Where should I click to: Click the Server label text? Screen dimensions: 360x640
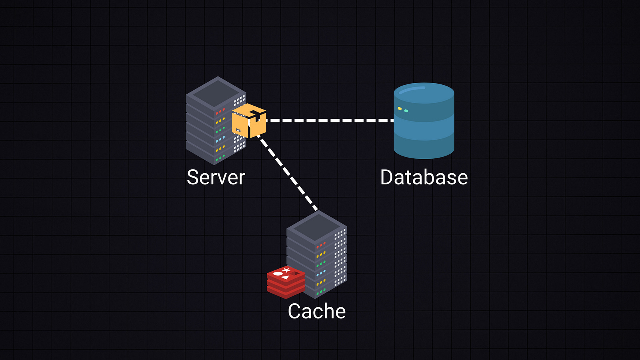216,177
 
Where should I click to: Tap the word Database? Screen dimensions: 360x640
424,177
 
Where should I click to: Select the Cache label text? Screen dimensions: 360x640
316,311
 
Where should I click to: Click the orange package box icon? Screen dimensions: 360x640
249,121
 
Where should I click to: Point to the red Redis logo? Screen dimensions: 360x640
286,282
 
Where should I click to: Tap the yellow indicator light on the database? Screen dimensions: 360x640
400,108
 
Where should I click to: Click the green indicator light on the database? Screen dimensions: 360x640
406,111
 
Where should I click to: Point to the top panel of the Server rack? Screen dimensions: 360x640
216,92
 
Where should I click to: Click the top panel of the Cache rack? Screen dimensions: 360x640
317,226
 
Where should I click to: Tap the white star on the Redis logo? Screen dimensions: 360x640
286,270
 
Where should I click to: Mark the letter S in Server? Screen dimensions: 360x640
193,177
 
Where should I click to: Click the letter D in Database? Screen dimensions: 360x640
388,177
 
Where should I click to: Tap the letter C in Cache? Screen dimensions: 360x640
294,311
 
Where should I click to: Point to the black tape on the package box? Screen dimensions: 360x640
256,116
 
